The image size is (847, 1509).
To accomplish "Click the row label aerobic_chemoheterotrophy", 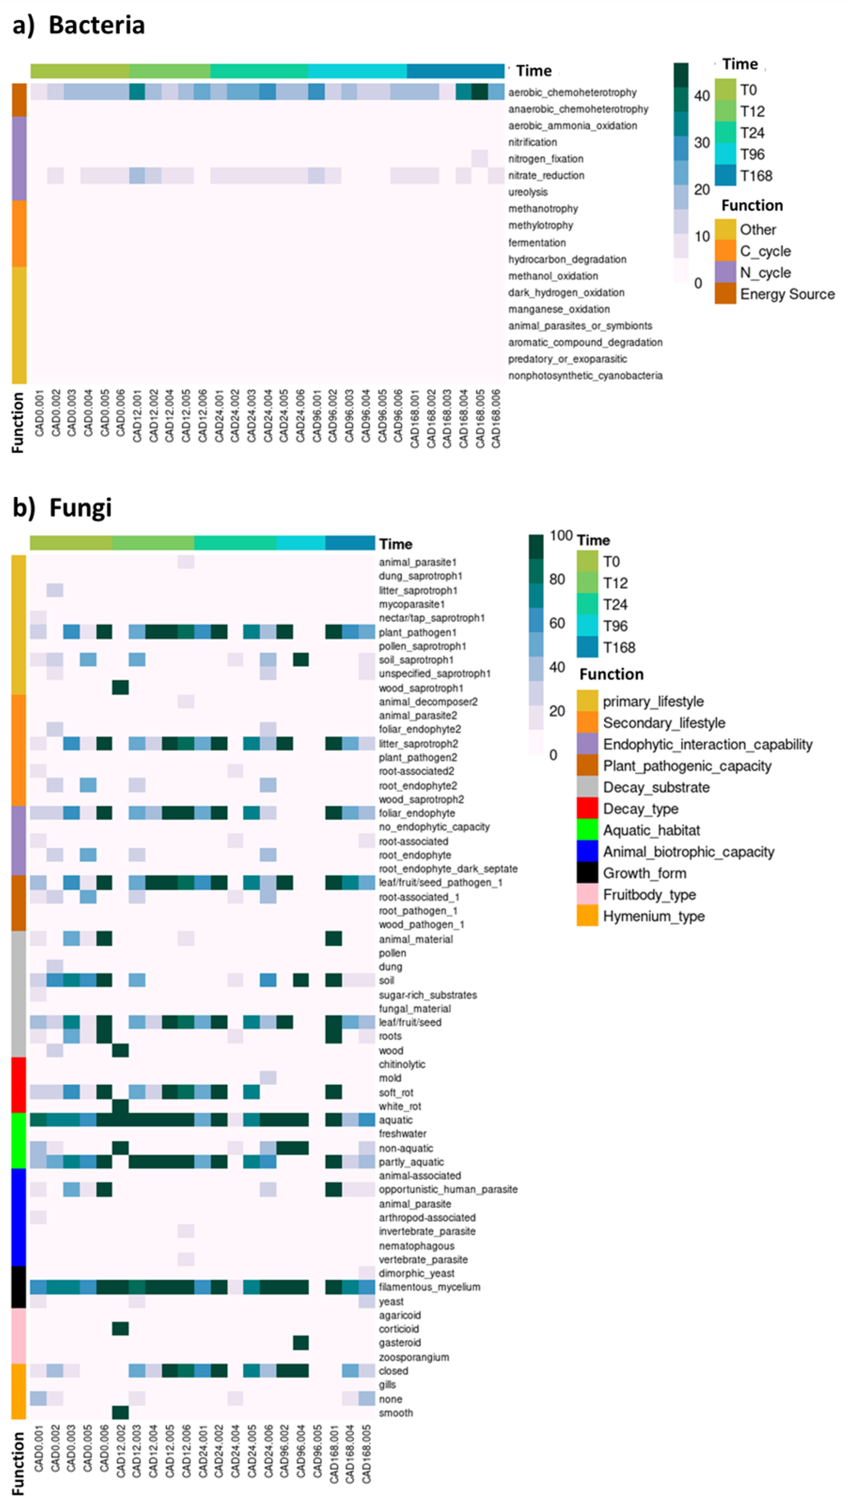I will click(x=572, y=93).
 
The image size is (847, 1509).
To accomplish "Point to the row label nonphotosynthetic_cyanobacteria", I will click(x=585, y=376).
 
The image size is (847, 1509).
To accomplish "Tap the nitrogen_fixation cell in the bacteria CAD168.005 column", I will click(x=479, y=158).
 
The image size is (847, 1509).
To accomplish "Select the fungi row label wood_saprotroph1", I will click(x=420, y=688).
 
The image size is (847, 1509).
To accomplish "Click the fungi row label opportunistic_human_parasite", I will click(x=448, y=1189).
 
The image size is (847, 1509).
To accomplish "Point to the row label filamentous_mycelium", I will click(x=429, y=1287).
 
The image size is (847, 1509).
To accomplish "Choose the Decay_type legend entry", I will click(x=640, y=809).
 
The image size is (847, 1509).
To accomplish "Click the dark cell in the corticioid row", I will click(x=120, y=1329).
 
